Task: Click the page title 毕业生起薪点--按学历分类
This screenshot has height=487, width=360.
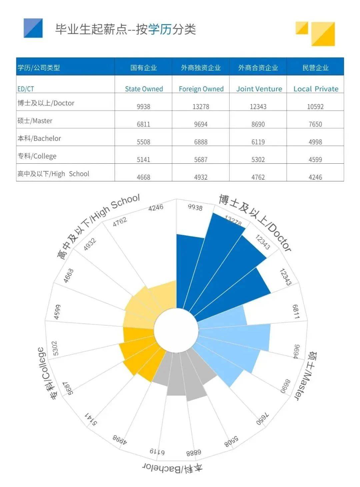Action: point(125,29)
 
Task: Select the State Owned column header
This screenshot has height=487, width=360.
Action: point(144,89)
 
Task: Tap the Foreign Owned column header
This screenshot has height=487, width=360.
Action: point(201,89)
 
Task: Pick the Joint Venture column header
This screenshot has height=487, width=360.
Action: point(259,89)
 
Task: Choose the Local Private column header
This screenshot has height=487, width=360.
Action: point(316,89)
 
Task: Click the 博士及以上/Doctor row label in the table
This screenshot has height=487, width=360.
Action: point(46,103)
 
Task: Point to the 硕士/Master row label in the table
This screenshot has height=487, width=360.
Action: point(35,121)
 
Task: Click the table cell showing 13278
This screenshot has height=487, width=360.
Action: point(201,107)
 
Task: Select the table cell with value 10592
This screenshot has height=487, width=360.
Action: point(315,107)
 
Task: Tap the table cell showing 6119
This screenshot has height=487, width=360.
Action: point(258,142)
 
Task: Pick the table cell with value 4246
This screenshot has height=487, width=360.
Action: point(315,177)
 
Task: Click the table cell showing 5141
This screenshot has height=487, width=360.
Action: point(143,160)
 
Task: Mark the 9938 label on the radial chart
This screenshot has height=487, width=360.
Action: point(195,207)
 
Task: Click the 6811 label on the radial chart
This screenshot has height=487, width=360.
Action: point(296,311)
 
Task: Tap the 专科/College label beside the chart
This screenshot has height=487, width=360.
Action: point(45,373)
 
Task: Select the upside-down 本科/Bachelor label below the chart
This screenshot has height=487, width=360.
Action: point(172,467)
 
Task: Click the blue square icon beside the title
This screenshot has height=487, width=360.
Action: point(33,28)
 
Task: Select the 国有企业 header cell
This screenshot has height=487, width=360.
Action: point(143,68)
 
